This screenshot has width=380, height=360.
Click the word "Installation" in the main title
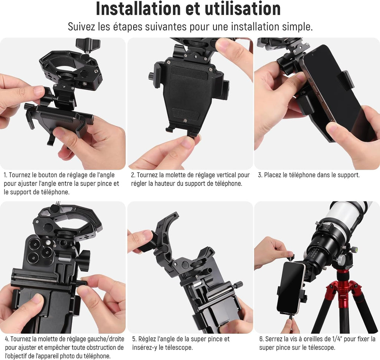tap(138, 9)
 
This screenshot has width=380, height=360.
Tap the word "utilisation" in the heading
tap(243, 9)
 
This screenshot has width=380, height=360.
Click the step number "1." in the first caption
tap(6, 175)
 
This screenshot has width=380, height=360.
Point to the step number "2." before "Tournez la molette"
tap(133, 175)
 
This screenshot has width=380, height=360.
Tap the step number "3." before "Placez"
tap(260, 175)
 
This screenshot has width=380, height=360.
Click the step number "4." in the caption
tap(7, 339)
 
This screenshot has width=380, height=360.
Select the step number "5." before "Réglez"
tap(134, 339)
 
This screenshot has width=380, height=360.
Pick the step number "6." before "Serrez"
tap(261, 339)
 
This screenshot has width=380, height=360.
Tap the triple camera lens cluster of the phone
tap(39, 250)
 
